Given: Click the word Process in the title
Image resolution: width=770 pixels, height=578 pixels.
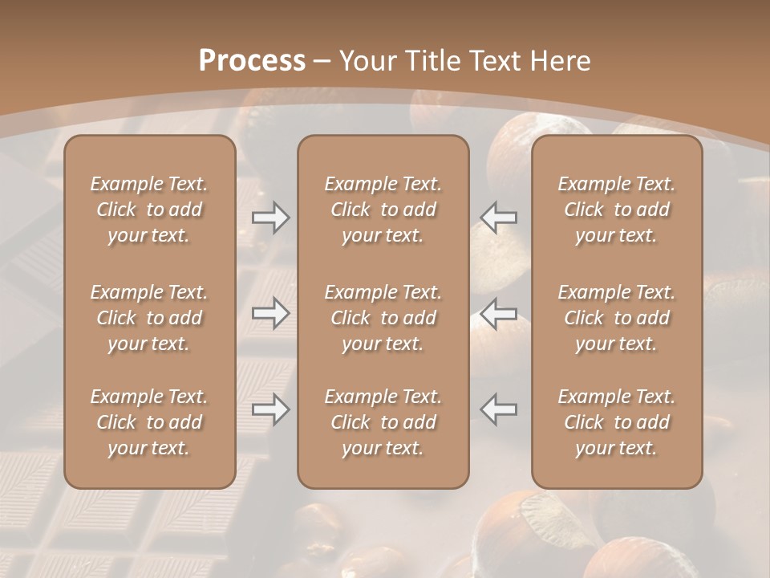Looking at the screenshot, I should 252,60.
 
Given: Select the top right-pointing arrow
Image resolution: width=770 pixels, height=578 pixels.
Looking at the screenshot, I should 270,217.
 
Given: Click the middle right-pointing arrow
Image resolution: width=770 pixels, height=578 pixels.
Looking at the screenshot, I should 270,313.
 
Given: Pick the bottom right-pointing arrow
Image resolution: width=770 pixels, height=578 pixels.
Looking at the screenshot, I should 270,409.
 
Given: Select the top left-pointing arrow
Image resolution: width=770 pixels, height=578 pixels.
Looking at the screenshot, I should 499,217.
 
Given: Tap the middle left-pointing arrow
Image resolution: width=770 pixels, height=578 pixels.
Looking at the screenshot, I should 499,313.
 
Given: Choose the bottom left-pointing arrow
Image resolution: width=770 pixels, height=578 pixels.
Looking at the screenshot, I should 499,409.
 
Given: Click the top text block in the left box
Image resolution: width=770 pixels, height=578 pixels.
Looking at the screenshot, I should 149,210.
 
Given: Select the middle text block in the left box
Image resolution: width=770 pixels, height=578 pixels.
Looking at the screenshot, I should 149,318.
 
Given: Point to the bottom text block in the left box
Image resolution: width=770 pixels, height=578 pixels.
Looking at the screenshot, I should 149,422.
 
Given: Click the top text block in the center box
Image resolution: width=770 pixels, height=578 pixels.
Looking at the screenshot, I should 383,210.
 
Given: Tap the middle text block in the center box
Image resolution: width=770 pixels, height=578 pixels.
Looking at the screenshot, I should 383,318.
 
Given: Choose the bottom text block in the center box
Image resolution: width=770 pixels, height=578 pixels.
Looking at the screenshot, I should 383,422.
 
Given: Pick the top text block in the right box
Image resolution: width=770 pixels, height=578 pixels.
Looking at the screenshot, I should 617,210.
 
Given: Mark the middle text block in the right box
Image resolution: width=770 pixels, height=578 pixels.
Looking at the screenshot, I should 617,318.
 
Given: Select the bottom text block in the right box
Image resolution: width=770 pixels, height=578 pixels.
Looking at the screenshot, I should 617,422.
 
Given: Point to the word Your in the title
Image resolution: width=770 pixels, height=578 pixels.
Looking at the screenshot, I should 367,60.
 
